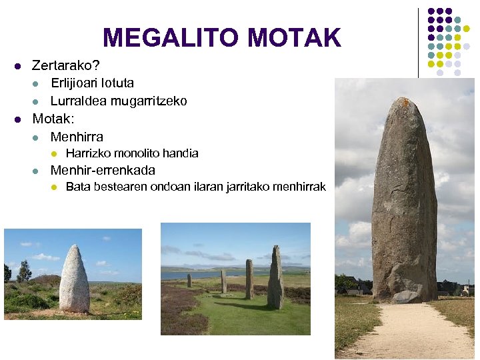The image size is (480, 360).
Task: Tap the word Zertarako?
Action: pyautogui.click(x=66, y=66)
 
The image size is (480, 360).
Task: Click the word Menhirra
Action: pyautogui.click(x=77, y=137)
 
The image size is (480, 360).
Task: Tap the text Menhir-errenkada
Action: pyautogui.click(x=103, y=170)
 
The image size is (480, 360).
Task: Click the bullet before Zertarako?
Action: pyautogui.click(x=18, y=67)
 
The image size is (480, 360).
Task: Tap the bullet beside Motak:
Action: pyautogui.click(x=18, y=120)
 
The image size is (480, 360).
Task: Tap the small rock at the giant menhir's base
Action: pyautogui.click(x=405, y=297)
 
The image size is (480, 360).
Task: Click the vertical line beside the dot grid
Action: pyautogui.click(x=419, y=40)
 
